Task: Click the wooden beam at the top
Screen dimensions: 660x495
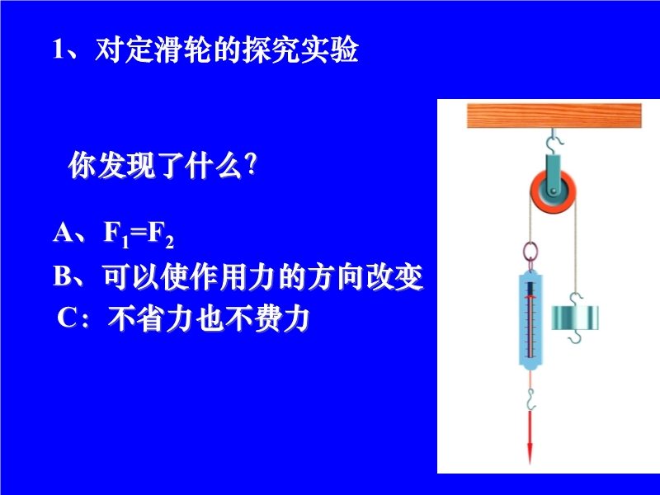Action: (554, 115)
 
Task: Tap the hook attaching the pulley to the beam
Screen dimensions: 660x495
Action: (554, 141)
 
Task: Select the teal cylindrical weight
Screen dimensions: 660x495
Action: (574, 318)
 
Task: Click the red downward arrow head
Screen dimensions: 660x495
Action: (530, 450)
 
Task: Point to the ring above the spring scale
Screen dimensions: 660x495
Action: (530, 252)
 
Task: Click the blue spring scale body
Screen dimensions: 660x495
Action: (530, 320)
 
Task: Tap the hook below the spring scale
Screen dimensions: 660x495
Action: (531, 399)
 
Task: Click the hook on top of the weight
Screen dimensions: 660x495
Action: (575, 299)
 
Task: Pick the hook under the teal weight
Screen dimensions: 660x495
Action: (574, 337)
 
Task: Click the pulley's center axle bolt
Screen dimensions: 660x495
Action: (554, 192)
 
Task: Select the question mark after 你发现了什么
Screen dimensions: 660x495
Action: (252, 165)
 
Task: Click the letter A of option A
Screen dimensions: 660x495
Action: (63, 232)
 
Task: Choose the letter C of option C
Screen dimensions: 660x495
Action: (67, 318)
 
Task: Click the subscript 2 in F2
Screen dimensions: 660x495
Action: (169, 243)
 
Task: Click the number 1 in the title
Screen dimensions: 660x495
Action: (58, 49)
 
